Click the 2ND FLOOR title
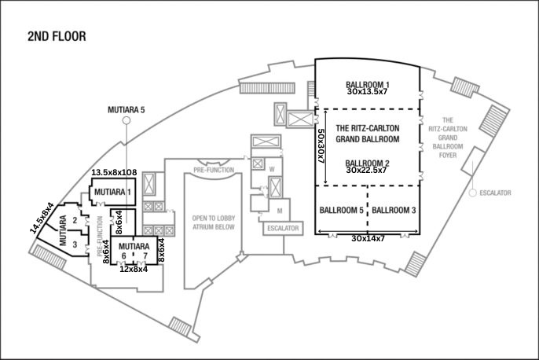click(x=56, y=36)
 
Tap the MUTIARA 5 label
click(x=126, y=111)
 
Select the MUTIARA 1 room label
click(x=113, y=191)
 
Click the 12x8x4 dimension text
click(x=133, y=269)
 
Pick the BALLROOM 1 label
click(x=368, y=83)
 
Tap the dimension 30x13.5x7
click(x=368, y=92)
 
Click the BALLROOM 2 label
click(x=368, y=163)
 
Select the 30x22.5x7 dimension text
click(x=368, y=171)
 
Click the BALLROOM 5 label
click(x=342, y=211)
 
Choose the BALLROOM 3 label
click(x=394, y=211)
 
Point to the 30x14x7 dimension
click(x=368, y=238)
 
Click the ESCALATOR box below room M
click(x=284, y=229)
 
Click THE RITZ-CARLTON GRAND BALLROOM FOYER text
click(x=447, y=139)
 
